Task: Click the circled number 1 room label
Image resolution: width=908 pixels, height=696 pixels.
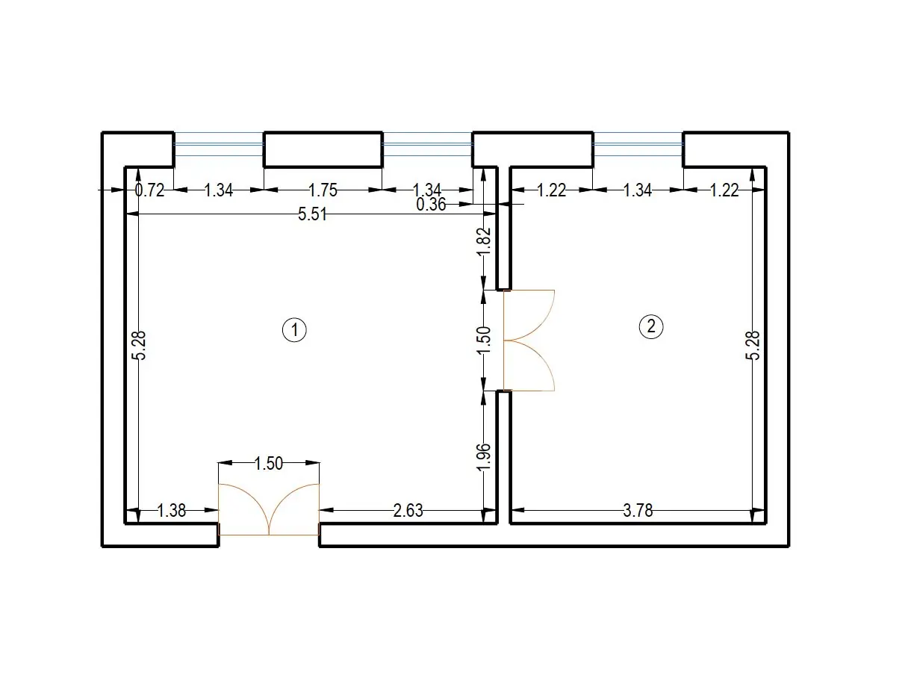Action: [294, 330]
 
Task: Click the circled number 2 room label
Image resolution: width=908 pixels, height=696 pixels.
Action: [650, 326]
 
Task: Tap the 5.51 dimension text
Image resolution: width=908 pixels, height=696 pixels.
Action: [312, 214]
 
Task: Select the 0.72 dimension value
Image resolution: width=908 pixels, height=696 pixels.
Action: [149, 190]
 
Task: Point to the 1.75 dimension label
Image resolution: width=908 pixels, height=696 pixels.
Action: [323, 190]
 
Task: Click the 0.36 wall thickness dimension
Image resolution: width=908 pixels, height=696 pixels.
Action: [432, 205]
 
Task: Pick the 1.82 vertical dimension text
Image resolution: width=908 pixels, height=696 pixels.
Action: [484, 241]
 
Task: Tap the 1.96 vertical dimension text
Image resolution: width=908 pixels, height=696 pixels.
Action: [484, 456]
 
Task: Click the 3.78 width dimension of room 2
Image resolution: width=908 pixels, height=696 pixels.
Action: [638, 511]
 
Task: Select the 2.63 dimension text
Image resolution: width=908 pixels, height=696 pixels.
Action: [408, 511]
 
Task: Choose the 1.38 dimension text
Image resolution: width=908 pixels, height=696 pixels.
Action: [171, 511]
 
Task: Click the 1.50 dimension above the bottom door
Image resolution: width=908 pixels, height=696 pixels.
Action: [268, 463]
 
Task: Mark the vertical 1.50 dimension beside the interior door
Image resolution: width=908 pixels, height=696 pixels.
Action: [484, 340]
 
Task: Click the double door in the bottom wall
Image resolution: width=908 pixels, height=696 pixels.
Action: [269, 509]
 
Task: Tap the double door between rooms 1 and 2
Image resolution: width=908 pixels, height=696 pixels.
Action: [529, 341]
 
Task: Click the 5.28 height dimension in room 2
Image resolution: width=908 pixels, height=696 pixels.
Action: [753, 345]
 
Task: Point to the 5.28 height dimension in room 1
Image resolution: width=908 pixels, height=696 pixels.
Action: [139, 345]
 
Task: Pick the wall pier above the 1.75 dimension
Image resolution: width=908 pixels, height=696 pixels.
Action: [323, 149]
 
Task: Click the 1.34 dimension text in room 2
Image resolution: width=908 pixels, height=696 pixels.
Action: [638, 190]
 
